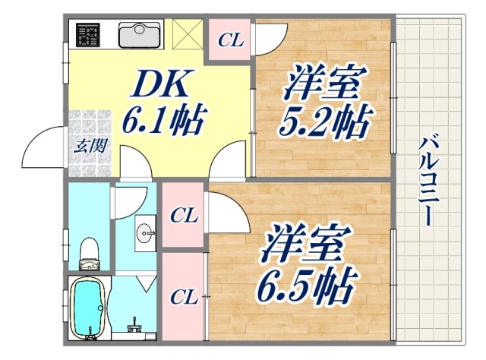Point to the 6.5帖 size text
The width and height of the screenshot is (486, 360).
[307, 286]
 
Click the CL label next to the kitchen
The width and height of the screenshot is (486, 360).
[230, 39]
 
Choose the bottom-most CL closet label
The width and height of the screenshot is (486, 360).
[184, 295]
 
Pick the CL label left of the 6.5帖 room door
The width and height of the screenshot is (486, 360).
[184, 216]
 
